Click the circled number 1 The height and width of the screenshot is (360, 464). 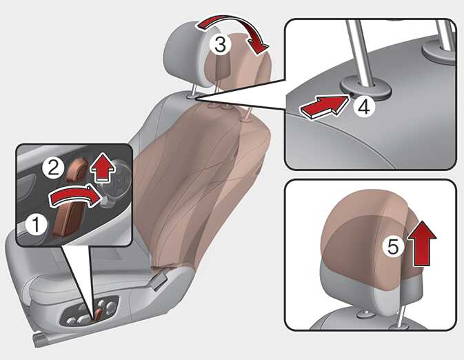(x=36, y=224)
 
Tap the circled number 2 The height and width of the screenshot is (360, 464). (x=53, y=169)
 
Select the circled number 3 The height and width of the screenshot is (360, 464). (x=220, y=44)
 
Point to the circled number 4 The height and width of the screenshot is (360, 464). (x=364, y=107)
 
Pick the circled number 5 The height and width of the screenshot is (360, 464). (x=393, y=247)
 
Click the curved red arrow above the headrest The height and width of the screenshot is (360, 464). (x=234, y=29)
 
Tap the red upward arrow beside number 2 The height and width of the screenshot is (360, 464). (x=103, y=166)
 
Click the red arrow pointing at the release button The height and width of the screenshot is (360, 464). (x=324, y=107)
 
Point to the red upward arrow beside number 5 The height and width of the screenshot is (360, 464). (x=422, y=243)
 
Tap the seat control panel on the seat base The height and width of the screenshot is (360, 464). (x=89, y=312)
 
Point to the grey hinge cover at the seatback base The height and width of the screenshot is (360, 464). (x=159, y=280)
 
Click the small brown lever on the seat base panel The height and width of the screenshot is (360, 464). (x=98, y=314)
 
